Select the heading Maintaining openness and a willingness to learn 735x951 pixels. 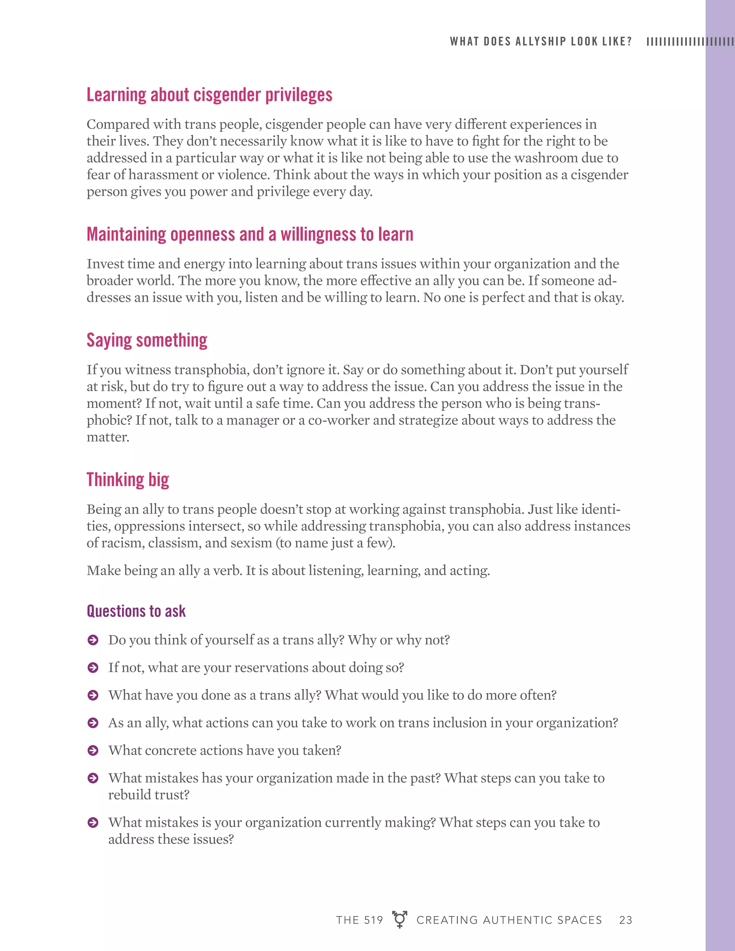[249, 234]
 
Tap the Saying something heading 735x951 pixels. [147, 340]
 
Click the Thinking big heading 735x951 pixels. [127, 479]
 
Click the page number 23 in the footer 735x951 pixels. [625, 920]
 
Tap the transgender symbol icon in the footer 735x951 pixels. [399, 919]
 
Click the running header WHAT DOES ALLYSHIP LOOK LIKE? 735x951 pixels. [540, 41]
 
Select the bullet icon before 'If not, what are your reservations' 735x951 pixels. [93, 667]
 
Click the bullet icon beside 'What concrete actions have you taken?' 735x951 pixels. [93, 750]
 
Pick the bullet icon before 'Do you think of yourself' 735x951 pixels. [93, 640]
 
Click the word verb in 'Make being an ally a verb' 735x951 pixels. [227, 571]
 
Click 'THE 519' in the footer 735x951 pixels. [359, 920]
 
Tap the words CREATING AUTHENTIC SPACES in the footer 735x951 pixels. [509, 920]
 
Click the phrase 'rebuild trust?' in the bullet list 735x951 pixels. [149, 795]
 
